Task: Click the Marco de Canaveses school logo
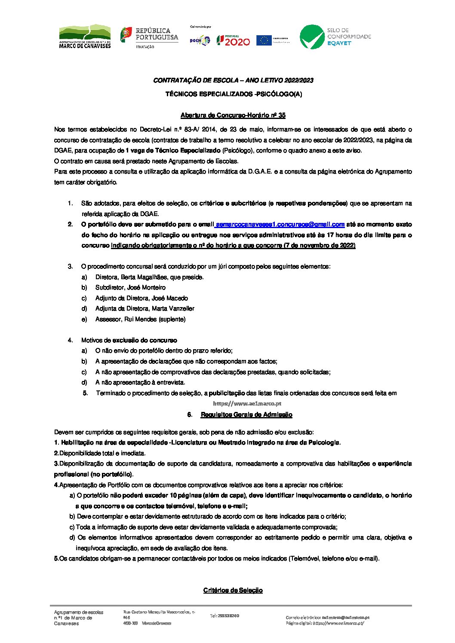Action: pos(85,37)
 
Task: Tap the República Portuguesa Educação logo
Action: pos(149,37)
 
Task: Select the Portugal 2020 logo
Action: pos(233,40)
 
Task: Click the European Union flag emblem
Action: pos(264,40)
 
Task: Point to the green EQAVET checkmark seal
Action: pos(312,37)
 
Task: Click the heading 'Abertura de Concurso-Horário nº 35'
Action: pos(233,115)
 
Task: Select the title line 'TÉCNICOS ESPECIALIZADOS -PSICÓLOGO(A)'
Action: pos(234,94)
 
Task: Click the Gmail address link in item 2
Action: pos(280,224)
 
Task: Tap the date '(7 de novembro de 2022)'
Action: pos(319,245)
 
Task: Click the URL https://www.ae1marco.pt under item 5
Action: pos(247,404)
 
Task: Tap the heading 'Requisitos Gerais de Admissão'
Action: pos(246,414)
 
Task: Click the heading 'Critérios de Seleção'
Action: pos(233,590)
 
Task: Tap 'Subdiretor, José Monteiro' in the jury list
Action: pos(130,287)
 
